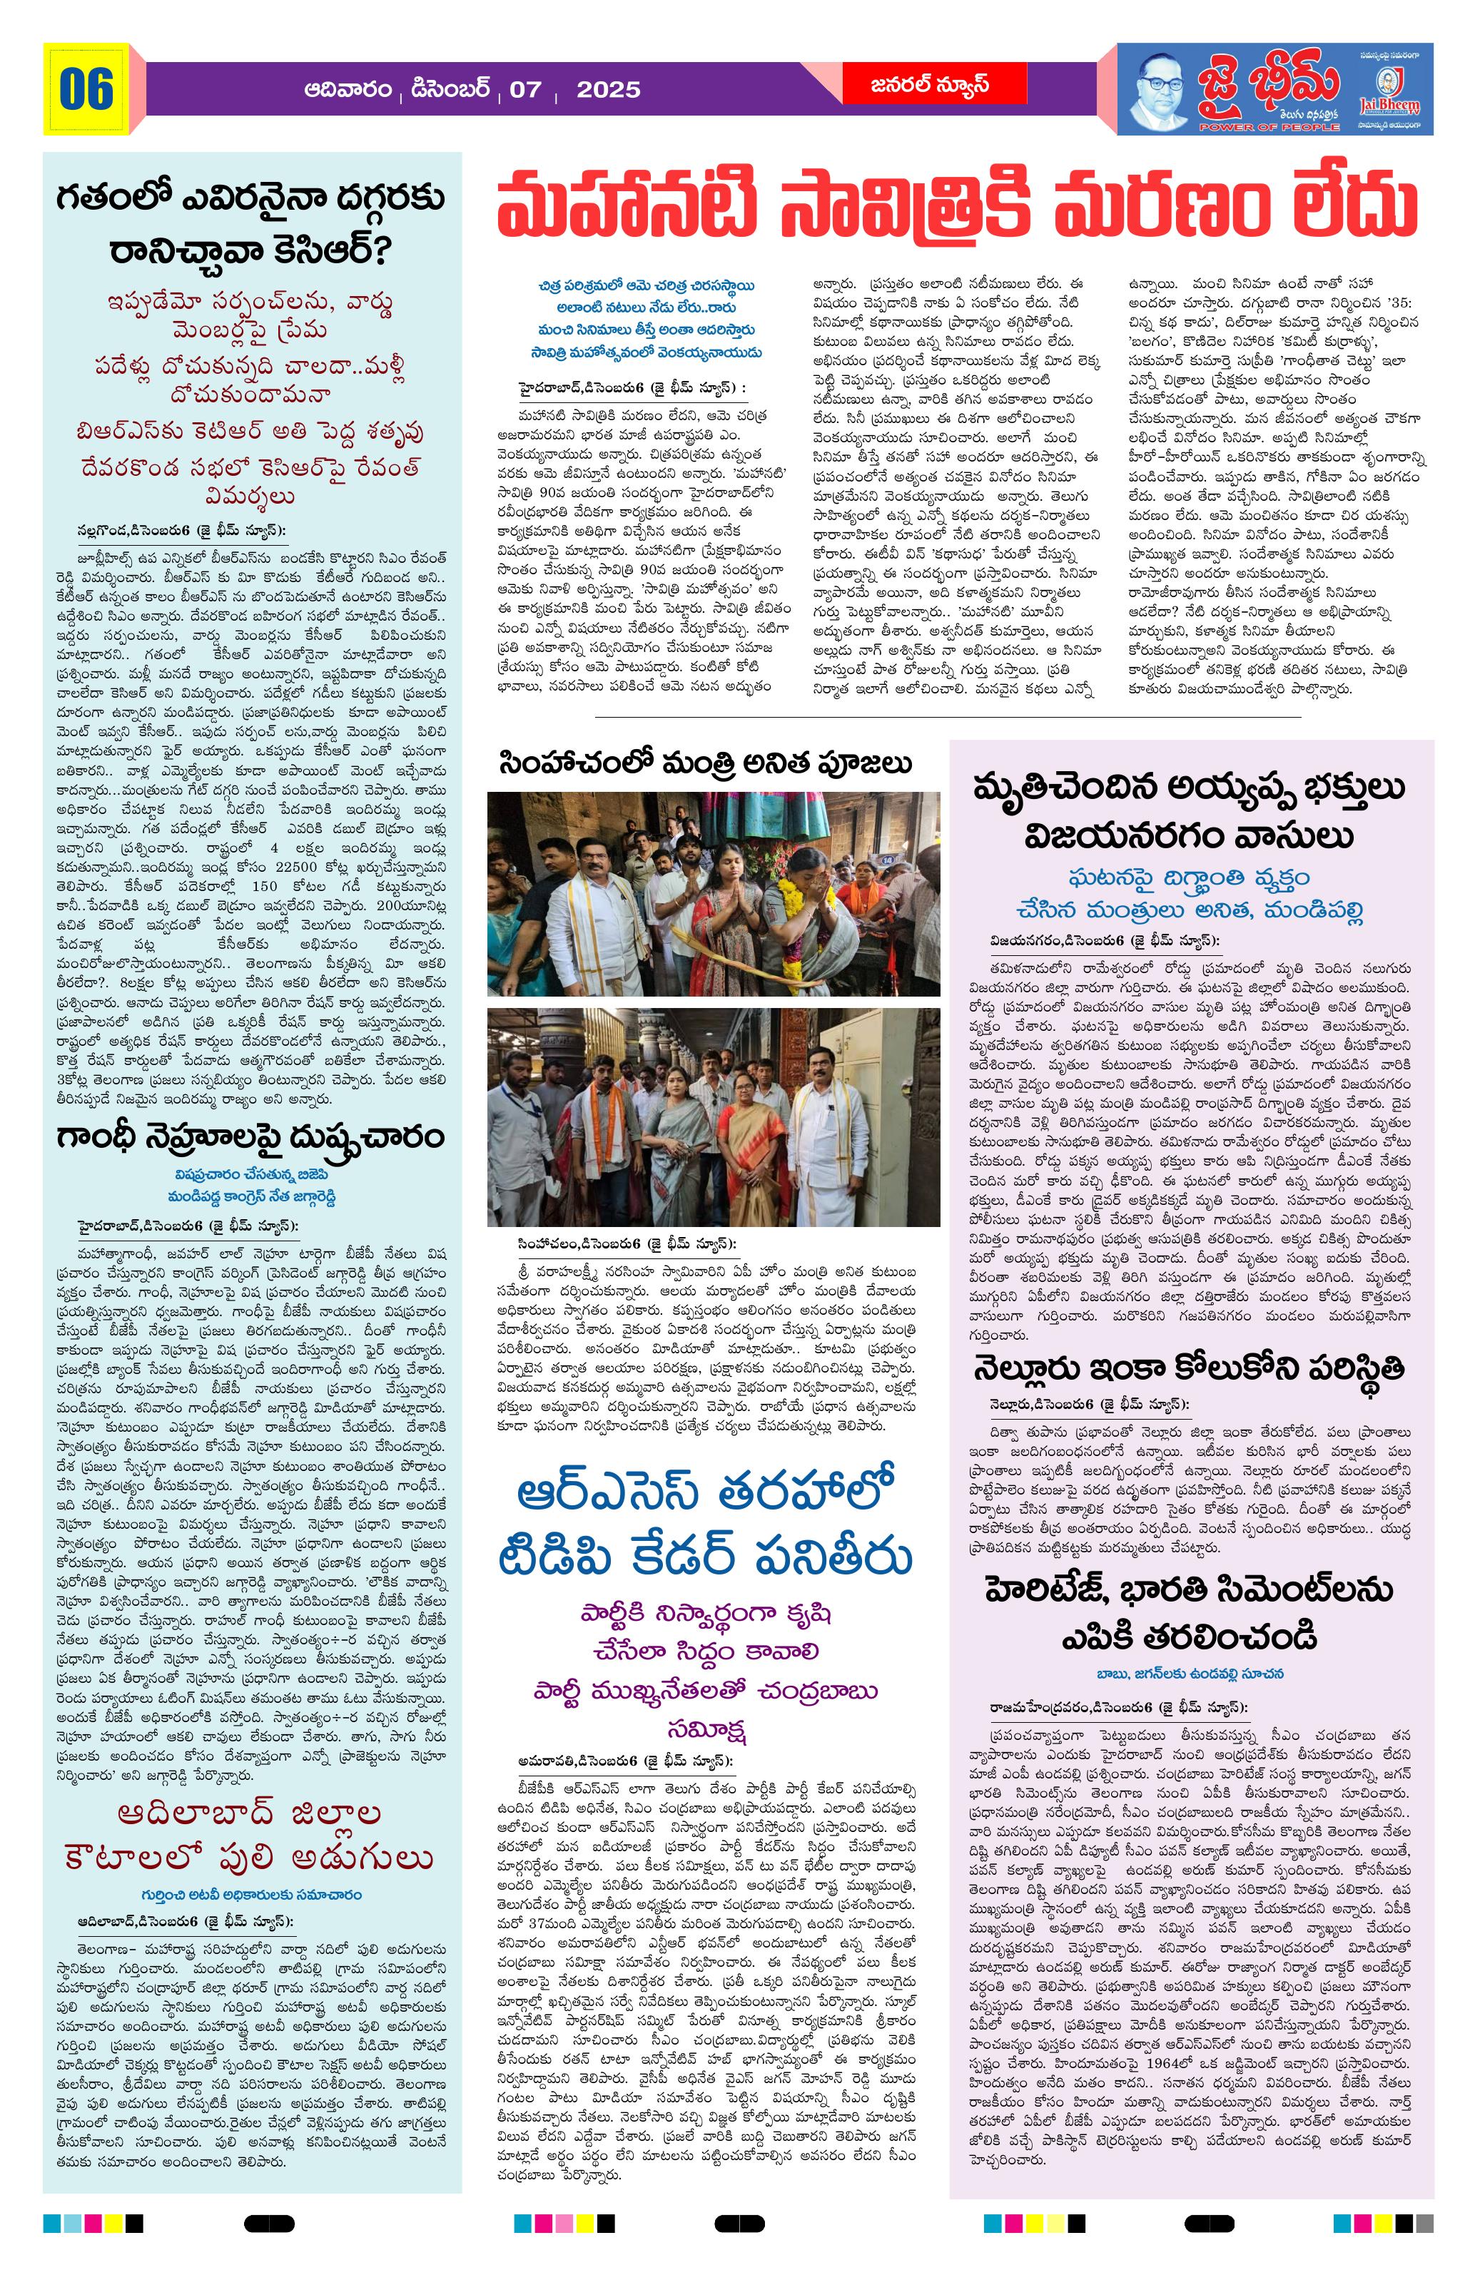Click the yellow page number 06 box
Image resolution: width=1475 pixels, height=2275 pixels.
pyautogui.click(x=86, y=90)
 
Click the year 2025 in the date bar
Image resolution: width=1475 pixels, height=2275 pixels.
pyautogui.click(x=608, y=90)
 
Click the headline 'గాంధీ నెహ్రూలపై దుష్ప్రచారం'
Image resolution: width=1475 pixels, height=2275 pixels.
pyautogui.click(x=251, y=1139)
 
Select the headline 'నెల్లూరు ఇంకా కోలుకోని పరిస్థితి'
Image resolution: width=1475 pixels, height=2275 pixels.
pyautogui.click(x=1189, y=1369)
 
